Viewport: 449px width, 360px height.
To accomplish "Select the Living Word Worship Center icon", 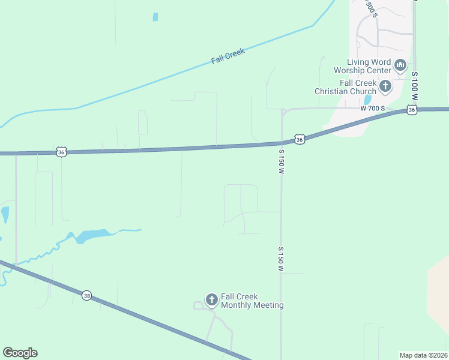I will (x=400, y=64).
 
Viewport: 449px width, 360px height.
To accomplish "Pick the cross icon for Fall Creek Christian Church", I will (x=385, y=86).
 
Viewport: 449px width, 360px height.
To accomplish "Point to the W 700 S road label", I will (x=372, y=109).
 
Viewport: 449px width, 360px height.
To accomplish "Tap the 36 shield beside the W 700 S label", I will (x=411, y=110).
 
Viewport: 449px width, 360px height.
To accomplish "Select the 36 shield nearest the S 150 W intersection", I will (x=300, y=139).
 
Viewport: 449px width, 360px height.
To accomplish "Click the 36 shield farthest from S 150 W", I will (x=61, y=152).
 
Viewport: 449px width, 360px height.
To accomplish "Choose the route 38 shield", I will (x=87, y=296).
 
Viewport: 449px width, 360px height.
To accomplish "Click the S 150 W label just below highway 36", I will (x=280, y=162).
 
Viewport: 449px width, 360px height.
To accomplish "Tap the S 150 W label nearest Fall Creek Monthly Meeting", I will (x=280, y=257).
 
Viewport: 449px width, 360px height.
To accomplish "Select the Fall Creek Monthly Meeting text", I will (x=252, y=301).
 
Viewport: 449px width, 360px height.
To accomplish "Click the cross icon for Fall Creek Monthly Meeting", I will (x=211, y=299).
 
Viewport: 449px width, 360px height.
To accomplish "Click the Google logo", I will (x=20, y=353).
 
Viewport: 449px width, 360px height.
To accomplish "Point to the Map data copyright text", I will (x=423, y=355).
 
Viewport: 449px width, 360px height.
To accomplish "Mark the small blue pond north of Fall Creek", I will (x=155, y=17).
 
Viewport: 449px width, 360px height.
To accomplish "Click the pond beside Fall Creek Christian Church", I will (x=367, y=100).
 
